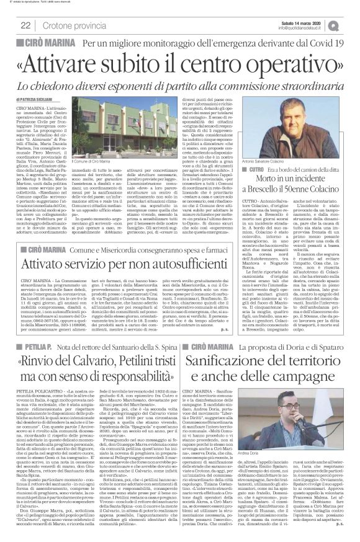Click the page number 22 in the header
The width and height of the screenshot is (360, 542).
point(26,25)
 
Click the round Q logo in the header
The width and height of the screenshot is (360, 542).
point(353,24)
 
